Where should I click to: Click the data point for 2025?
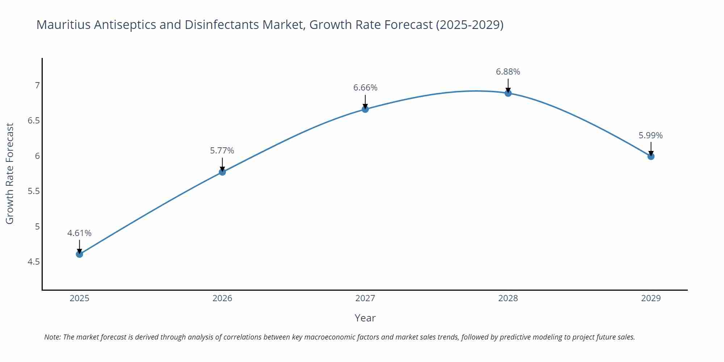[79, 254]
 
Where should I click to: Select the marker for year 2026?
[222, 172]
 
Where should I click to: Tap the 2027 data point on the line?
[365, 109]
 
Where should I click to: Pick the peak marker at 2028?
[508, 93]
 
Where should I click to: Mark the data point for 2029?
[651, 156]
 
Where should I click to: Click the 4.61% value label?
[79, 233]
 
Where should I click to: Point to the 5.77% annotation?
[222, 151]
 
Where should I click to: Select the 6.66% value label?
[365, 88]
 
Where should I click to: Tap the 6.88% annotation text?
[508, 72]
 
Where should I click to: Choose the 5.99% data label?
[651, 135]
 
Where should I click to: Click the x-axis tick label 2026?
[222, 298]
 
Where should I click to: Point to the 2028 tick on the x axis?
[508, 298]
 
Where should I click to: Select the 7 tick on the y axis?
[37, 85]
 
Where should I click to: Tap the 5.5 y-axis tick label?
[34, 191]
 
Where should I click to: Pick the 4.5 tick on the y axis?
[34, 262]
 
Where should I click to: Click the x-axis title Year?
[365, 318]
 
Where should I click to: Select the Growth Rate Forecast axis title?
[10, 173]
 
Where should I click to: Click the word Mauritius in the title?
[63, 25]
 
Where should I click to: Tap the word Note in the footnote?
[52, 337]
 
